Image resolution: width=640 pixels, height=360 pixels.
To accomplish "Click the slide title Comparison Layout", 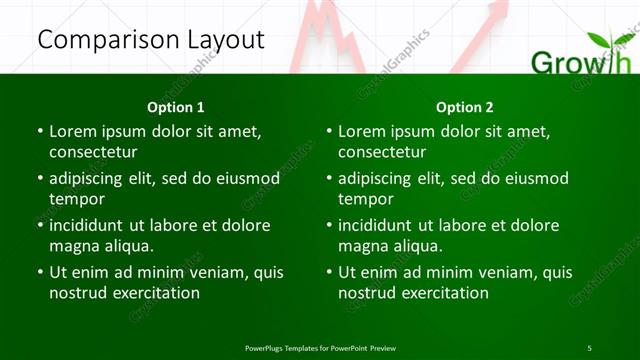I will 151,40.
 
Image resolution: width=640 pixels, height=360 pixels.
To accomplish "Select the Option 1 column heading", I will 176,107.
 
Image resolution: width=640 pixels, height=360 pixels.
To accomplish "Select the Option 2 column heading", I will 465,107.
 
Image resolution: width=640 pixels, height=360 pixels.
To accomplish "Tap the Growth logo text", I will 580,64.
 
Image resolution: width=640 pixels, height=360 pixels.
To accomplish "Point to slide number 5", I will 590,348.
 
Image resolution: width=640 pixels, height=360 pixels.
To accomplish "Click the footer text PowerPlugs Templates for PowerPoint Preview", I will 320,348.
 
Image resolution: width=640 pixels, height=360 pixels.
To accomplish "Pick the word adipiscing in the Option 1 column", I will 91,179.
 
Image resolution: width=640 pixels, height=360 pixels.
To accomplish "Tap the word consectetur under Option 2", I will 382,152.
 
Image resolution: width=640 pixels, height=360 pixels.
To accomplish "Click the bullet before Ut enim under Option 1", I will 40,272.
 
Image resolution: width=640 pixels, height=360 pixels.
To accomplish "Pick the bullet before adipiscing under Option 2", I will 329,179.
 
